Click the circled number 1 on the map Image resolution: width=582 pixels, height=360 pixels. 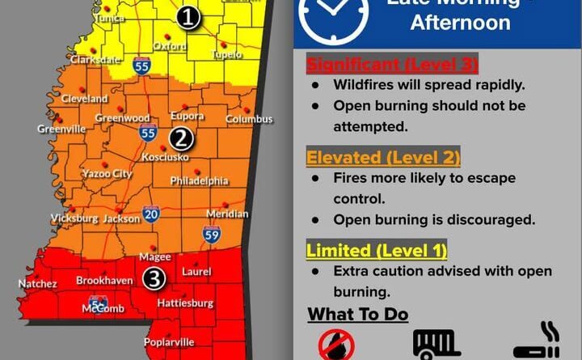tap(188, 17)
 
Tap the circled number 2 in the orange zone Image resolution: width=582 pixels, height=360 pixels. tap(179, 138)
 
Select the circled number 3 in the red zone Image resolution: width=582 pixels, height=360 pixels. tap(155, 278)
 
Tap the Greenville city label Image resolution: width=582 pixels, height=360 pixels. tap(61, 129)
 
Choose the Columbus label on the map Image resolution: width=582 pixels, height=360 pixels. tap(249, 119)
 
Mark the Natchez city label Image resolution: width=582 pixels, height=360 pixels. tap(38, 284)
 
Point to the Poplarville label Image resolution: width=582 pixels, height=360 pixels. tap(169, 342)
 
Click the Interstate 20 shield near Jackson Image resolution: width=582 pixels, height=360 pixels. tap(151, 214)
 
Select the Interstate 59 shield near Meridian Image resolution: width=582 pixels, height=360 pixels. tap(211, 235)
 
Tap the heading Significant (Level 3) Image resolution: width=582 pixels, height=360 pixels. tap(392, 63)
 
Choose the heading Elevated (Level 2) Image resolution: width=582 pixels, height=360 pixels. tap(383, 157)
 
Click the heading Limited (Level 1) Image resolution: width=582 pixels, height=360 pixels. tap(377, 250)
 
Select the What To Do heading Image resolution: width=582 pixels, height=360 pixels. tap(357, 314)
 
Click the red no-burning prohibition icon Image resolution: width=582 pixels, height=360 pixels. tap(336, 345)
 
